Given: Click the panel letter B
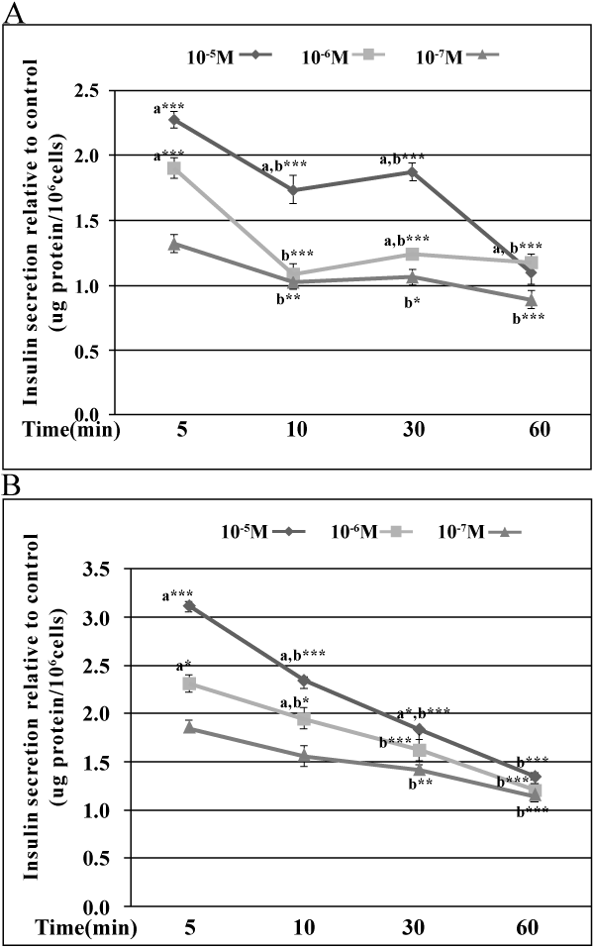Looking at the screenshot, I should pos(9,487).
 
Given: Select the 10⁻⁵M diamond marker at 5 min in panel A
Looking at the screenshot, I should pos(174,121).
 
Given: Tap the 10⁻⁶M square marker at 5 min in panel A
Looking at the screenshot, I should pos(174,168).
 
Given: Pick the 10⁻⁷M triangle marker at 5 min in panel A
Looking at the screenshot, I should pos(174,244).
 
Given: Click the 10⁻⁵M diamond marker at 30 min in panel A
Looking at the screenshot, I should pos(412,172).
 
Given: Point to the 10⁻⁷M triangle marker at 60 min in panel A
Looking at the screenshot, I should pos(531,299).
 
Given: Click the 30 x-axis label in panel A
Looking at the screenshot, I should pos(412,431).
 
